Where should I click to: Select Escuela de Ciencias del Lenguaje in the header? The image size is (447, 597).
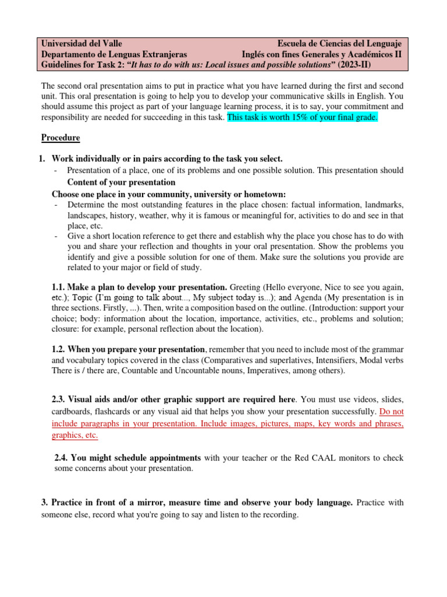click(339, 44)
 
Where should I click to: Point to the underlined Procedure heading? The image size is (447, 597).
click(61, 138)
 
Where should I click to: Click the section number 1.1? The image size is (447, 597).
click(59, 287)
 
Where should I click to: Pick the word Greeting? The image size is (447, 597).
click(248, 287)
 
